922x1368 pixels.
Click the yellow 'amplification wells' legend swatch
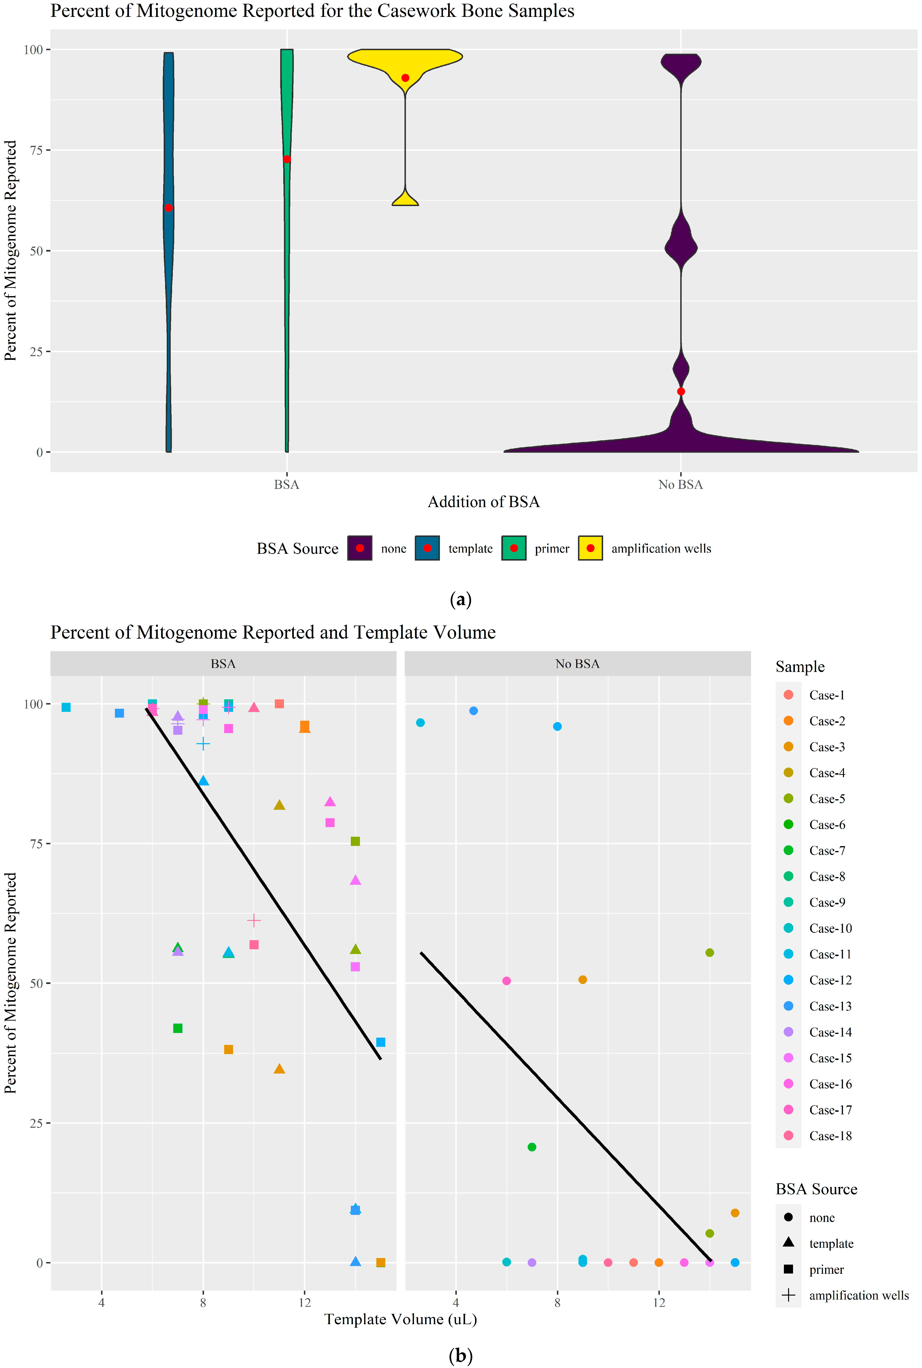(x=590, y=548)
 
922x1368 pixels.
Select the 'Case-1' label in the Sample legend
(x=827, y=695)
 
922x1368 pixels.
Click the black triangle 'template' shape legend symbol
(x=789, y=1242)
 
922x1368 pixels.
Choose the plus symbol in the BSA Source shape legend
(x=789, y=1295)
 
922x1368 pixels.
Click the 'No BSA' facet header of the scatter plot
(x=578, y=664)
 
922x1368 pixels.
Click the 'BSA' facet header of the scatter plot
(x=223, y=664)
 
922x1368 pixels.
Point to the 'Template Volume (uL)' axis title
(x=401, y=1319)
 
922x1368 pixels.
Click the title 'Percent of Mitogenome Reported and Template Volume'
(x=273, y=632)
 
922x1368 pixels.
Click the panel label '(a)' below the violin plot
(x=460, y=600)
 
